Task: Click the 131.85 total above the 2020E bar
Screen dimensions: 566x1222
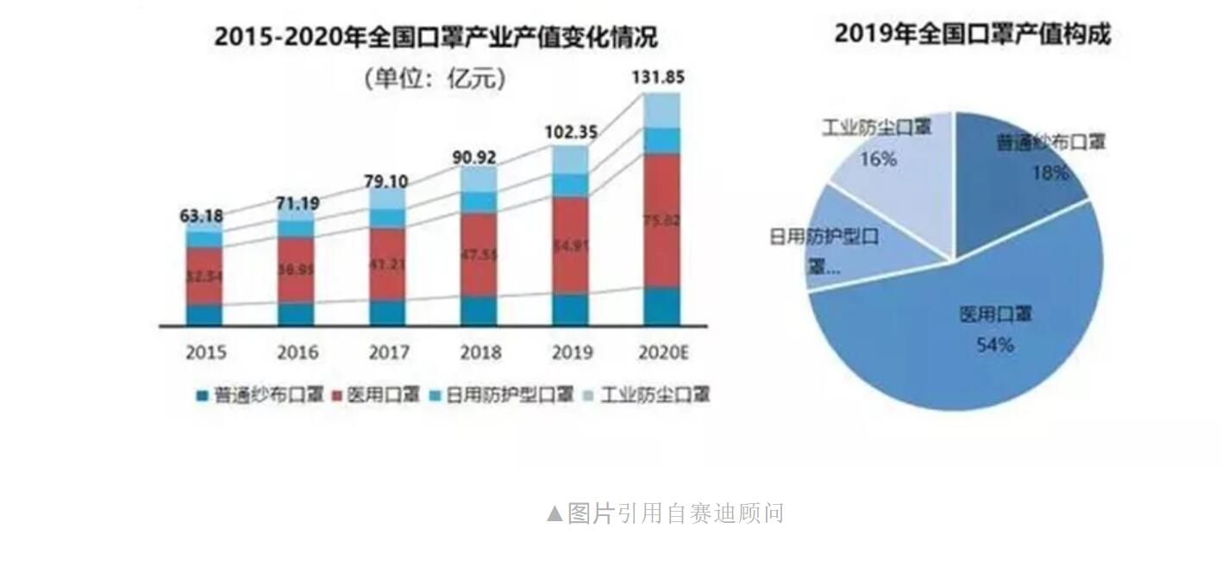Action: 658,78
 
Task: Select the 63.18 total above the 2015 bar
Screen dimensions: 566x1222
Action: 202,215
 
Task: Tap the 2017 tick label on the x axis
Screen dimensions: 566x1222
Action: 387,352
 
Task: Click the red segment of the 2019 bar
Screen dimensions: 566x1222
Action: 570,246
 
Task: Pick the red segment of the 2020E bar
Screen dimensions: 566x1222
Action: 661,221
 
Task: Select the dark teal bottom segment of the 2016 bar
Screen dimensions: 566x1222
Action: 296,314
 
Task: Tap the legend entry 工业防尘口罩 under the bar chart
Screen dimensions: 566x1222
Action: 655,395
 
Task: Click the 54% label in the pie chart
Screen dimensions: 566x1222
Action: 994,345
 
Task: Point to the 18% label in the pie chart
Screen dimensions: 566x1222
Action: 1050,172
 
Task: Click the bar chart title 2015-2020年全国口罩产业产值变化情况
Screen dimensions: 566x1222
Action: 436,38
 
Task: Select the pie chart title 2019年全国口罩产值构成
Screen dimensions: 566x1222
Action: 972,34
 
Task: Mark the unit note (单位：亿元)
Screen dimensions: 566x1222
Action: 434,79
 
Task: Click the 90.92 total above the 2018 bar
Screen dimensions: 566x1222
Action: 479,158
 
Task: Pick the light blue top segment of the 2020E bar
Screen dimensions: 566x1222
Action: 661,110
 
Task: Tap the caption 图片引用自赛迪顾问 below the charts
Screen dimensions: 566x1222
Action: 666,513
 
